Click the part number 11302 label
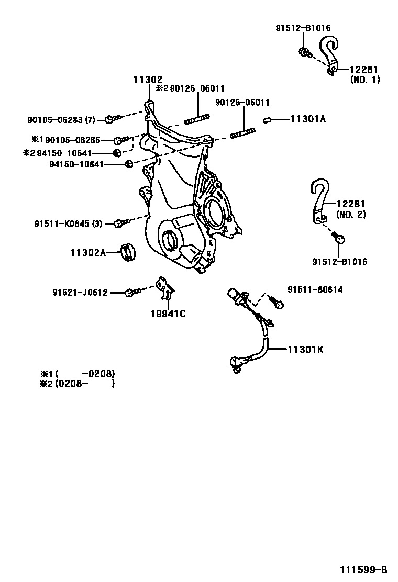[147, 79]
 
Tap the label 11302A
[88, 252]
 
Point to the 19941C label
[168, 314]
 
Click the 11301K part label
[305, 350]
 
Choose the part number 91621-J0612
[80, 293]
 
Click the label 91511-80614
[315, 289]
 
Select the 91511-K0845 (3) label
[68, 224]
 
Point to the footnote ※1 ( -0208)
[77, 374]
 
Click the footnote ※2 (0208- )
[77, 384]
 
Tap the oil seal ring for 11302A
[128, 251]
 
